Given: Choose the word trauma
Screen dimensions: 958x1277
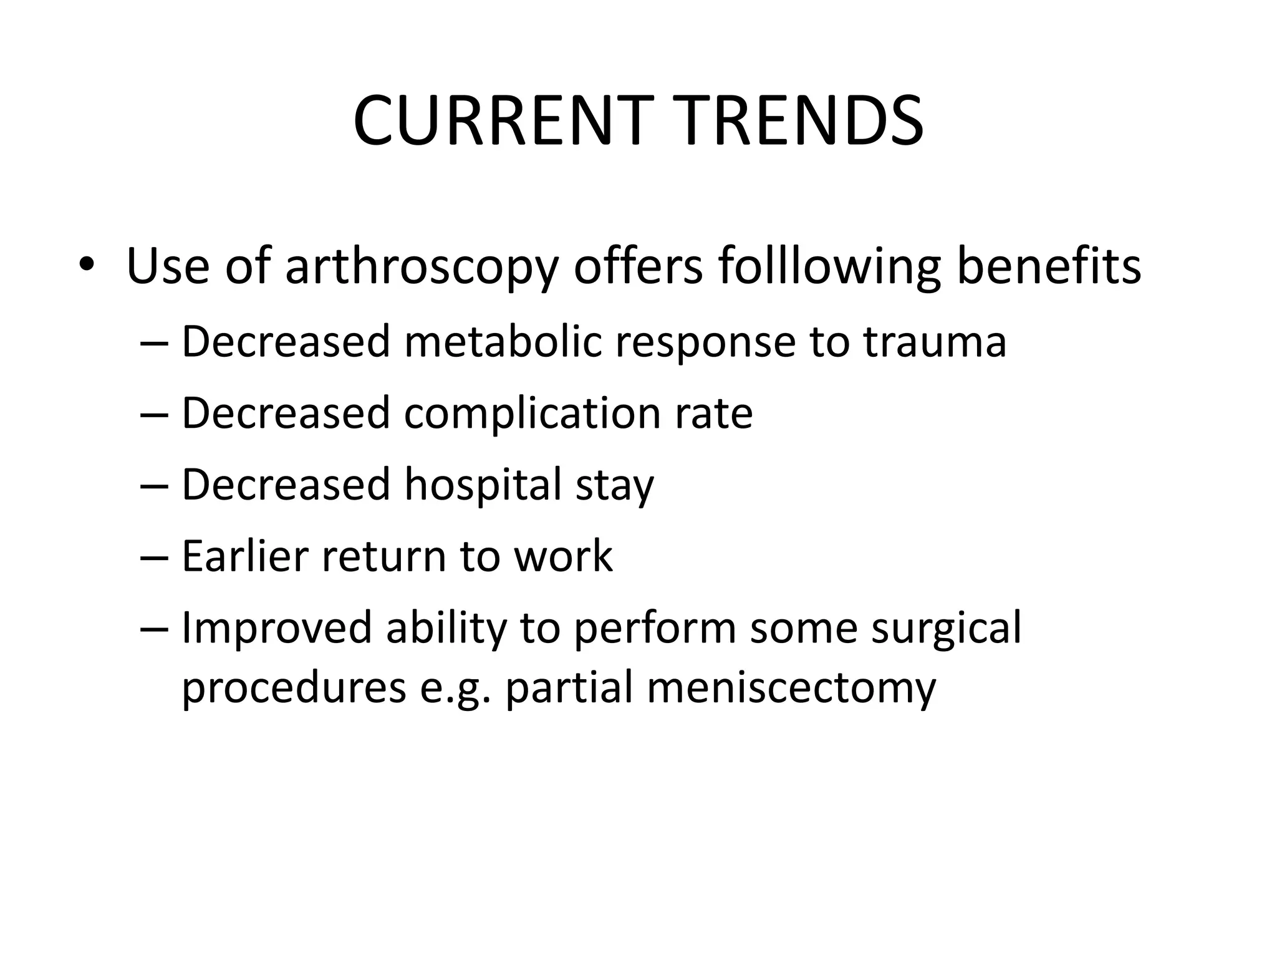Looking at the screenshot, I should [x=935, y=342].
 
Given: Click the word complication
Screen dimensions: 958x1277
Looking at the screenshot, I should [x=532, y=414].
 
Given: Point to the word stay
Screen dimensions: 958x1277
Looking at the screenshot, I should [x=614, y=487].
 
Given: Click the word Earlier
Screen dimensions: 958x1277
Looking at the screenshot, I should [x=244, y=556].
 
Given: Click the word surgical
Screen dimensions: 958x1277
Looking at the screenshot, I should [x=946, y=629].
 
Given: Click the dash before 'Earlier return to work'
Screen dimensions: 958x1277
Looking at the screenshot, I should [x=155, y=557].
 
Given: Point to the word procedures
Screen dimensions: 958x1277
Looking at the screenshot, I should [x=294, y=689].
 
